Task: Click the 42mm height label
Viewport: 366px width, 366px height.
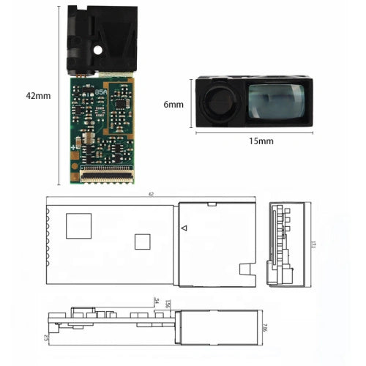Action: click(x=38, y=96)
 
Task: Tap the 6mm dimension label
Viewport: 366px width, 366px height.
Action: click(x=173, y=105)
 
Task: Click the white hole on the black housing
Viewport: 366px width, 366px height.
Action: click(x=98, y=50)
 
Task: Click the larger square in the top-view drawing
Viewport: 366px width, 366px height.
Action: click(x=79, y=225)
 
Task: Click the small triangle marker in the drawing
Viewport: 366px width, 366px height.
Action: click(x=184, y=228)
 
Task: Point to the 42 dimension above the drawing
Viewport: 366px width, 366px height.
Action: click(x=150, y=195)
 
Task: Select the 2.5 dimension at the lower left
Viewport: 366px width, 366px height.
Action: click(x=46, y=338)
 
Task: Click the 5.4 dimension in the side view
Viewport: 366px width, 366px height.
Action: click(x=156, y=301)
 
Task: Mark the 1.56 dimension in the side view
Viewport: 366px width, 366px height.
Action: click(x=168, y=303)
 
